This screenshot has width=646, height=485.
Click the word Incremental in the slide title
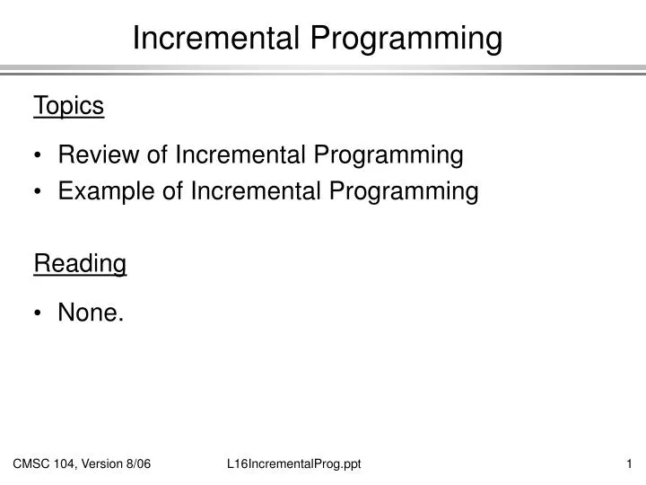(217, 39)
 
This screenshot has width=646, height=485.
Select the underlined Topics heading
(69, 106)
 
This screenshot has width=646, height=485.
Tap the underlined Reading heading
(80, 264)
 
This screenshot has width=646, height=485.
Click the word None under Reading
(90, 313)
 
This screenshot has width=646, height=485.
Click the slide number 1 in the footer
(630, 463)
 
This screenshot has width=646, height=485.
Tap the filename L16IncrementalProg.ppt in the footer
(294, 463)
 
